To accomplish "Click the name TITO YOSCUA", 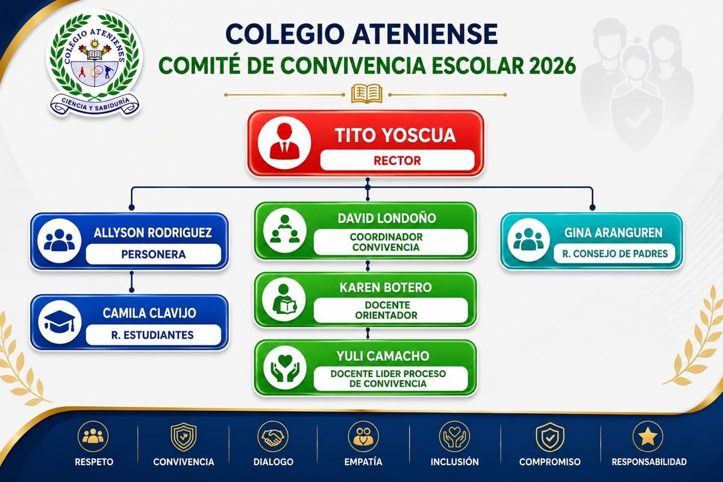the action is pyautogui.click(x=395, y=135).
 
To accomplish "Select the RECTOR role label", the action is pyautogui.click(x=397, y=160).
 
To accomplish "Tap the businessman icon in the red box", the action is pyautogui.click(x=284, y=142).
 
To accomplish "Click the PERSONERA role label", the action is pyautogui.click(x=153, y=254).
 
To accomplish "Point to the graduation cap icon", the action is pyautogui.click(x=59, y=322).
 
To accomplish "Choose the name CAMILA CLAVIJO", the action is pyautogui.click(x=149, y=313).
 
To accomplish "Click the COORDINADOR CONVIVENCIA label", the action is pyautogui.click(x=386, y=242).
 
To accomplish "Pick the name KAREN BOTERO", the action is pyautogui.click(x=386, y=287).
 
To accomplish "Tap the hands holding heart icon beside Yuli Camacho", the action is pyautogui.click(x=284, y=368).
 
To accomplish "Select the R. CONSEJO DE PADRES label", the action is pyautogui.click(x=615, y=254).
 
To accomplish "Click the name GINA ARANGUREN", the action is pyautogui.click(x=613, y=233).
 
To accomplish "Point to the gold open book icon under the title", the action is pyautogui.click(x=367, y=93).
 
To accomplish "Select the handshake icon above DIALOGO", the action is pyautogui.click(x=273, y=436).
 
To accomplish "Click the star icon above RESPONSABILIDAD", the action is pyautogui.click(x=648, y=436).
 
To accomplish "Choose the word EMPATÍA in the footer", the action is pyautogui.click(x=363, y=462).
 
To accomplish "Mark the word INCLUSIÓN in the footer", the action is pyautogui.click(x=454, y=462).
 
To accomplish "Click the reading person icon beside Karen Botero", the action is pyautogui.click(x=284, y=300).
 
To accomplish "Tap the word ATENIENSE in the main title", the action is pyautogui.click(x=424, y=34).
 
